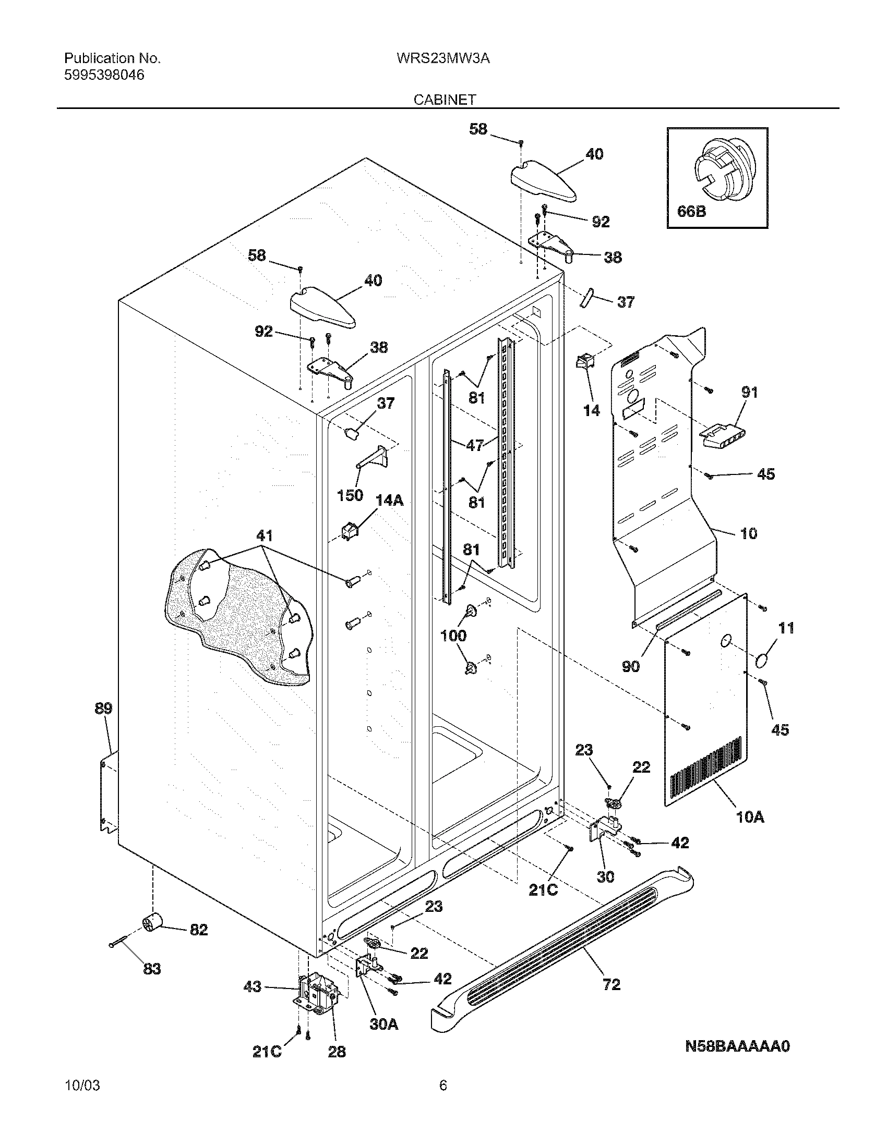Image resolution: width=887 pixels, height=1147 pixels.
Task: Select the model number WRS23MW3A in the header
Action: (443, 58)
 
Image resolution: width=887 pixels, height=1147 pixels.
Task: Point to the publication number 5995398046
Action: (104, 75)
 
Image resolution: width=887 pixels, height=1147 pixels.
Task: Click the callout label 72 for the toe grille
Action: (612, 985)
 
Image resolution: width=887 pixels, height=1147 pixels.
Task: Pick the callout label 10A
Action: (750, 817)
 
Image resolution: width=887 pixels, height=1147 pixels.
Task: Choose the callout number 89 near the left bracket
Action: (103, 709)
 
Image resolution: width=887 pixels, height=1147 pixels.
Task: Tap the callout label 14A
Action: (389, 501)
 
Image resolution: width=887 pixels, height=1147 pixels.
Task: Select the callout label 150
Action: (350, 495)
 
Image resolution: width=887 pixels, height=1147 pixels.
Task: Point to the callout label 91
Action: (749, 392)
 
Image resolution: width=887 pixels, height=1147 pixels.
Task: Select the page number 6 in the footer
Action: (443, 1100)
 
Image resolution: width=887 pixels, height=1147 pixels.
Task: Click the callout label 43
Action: (252, 987)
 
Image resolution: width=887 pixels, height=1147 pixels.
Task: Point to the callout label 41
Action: (265, 535)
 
